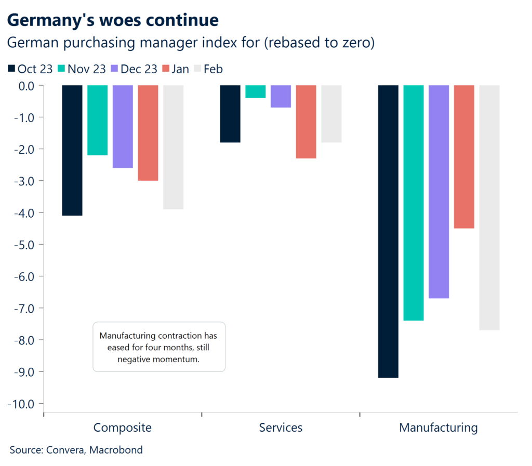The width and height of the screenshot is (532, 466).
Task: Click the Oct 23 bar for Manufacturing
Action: [x=388, y=231]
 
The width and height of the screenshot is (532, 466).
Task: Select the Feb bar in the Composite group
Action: [x=173, y=147]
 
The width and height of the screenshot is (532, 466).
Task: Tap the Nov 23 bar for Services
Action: [x=255, y=91]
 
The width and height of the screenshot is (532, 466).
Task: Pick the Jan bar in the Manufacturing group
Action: [x=464, y=156]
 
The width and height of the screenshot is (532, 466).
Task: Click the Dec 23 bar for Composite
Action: [x=123, y=126]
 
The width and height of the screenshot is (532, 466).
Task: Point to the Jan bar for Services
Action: [x=306, y=122]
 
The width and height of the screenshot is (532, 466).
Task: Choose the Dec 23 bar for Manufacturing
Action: [x=438, y=191]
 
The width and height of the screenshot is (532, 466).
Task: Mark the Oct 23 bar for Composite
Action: [x=72, y=150]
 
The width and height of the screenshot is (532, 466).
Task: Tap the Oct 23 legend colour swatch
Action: [x=12, y=69]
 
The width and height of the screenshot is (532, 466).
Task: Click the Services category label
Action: [x=281, y=428]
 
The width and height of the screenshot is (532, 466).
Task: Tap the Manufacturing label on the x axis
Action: [x=438, y=428]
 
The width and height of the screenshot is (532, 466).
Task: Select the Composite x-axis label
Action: [x=123, y=428]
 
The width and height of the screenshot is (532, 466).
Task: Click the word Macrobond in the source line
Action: [x=116, y=450]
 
